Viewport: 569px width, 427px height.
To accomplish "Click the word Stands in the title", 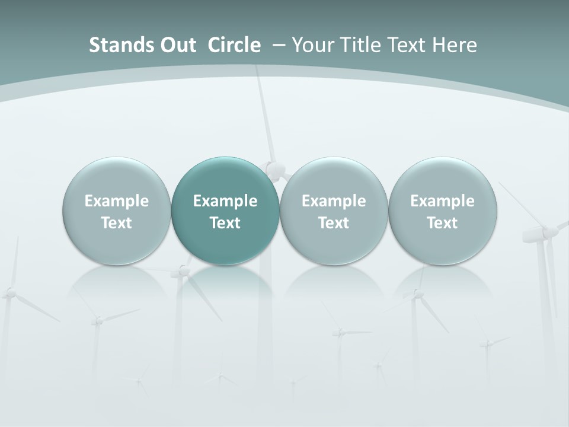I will [114, 45].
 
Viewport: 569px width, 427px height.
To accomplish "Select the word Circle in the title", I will [234, 45].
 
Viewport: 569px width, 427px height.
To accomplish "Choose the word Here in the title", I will [455, 45].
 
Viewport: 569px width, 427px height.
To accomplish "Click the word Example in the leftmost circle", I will [116, 201].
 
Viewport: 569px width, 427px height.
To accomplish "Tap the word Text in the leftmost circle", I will [116, 223].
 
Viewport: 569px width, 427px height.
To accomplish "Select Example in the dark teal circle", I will [225, 201].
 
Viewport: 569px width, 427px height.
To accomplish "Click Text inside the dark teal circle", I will [225, 223].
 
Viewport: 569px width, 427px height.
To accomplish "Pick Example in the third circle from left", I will [334, 201].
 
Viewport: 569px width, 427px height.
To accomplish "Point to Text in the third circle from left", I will [334, 223].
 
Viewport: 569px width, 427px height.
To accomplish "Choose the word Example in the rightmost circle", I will [442, 201].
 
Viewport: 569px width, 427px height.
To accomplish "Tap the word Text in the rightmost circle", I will [442, 223].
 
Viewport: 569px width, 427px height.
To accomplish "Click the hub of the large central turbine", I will [274, 170].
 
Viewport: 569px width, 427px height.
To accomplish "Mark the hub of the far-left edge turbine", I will [9, 292].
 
